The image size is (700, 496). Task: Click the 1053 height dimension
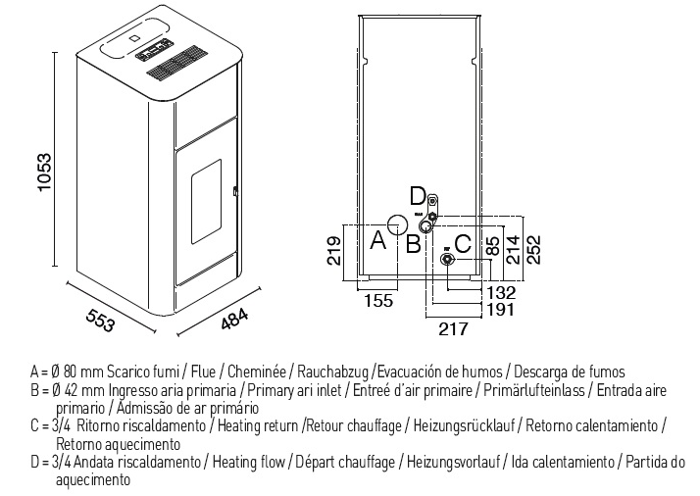pyautogui.click(x=45, y=173)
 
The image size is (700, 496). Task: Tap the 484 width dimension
pyautogui.click(x=234, y=320)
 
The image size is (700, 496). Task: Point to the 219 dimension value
pyautogui.click(x=334, y=250)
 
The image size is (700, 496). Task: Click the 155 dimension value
pyautogui.click(x=378, y=301)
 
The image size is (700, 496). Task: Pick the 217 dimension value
pyautogui.click(x=454, y=329)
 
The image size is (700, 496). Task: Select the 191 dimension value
pyautogui.click(x=501, y=309)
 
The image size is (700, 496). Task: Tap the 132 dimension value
pyautogui.click(x=501, y=292)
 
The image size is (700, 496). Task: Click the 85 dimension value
pyautogui.click(x=493, y=246)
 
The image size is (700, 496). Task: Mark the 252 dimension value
pyautogui.click(x=533, y=250)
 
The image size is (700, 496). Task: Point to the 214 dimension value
pyautogui.click(x=515, y=250)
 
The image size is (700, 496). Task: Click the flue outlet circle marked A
pyautogui.click(x=397, y=224)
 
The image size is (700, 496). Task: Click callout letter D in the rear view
pyautogui.click(x=418, y=196)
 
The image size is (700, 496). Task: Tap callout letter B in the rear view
pyautogui.click(x=413, y=244)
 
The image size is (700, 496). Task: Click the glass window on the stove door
pyautogui.click(x=206, y=201)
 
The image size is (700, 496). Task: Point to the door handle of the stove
pyautogui.click(x=235, y=191)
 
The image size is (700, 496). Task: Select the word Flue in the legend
pyautogui.click(x=203, y=372)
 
